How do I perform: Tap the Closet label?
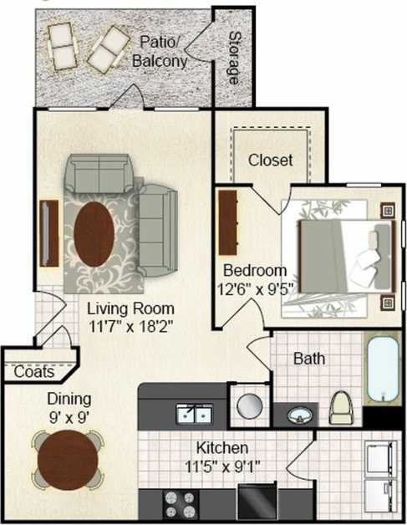270,160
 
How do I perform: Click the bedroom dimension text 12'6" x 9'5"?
256,288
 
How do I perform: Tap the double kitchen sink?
194,412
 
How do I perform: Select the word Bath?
308,359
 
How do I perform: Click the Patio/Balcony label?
160,51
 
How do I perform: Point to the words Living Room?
130,308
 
